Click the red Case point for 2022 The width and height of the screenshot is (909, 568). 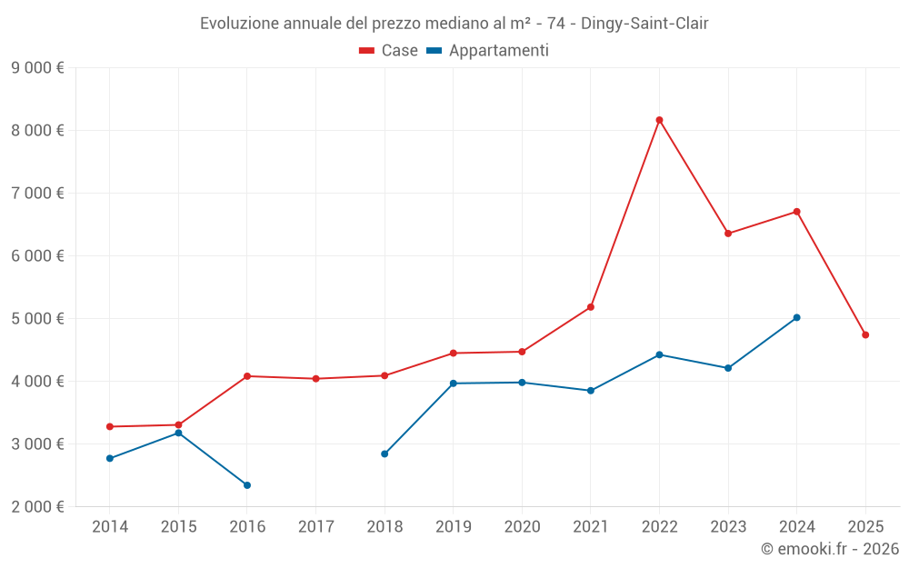[659, 120]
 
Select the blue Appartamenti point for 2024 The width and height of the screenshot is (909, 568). [796, 318]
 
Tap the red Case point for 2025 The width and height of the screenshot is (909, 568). [865, 335]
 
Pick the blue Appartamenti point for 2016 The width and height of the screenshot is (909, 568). [247, 485]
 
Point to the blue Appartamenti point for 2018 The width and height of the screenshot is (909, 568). [385, 453]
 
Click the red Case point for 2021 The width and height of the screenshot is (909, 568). [590, 307]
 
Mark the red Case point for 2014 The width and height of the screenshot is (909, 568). [110, 426]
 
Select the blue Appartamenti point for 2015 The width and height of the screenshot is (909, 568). [178, 433]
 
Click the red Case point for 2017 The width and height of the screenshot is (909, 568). [315, 379]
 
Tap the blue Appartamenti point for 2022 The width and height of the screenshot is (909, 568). [659, 354]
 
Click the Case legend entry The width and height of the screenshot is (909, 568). [389, 51]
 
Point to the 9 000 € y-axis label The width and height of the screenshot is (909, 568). [37, 67]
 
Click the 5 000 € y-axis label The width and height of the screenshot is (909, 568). [37, 318]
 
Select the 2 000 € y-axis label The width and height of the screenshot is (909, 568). [37, 506]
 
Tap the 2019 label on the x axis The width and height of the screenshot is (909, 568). [453, 526]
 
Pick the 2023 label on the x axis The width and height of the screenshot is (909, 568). [727, 526]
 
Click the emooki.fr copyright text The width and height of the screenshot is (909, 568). [829, 549]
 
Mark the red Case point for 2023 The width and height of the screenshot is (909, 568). [728, 234]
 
